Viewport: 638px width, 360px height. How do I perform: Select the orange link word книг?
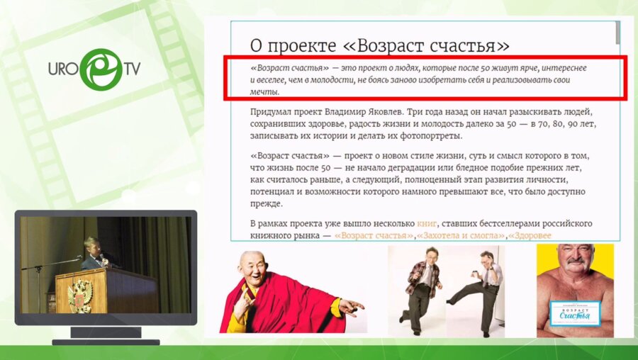tap(428, 223)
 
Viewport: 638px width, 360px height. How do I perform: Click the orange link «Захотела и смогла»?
tap(461, 235)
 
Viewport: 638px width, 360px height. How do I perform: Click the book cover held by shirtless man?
tap(575, 312)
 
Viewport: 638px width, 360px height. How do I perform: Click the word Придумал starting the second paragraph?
tap(273, 112)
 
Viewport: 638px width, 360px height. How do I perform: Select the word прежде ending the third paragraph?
tap(267, 203)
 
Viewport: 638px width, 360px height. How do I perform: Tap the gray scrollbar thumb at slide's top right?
tap(617, 31)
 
